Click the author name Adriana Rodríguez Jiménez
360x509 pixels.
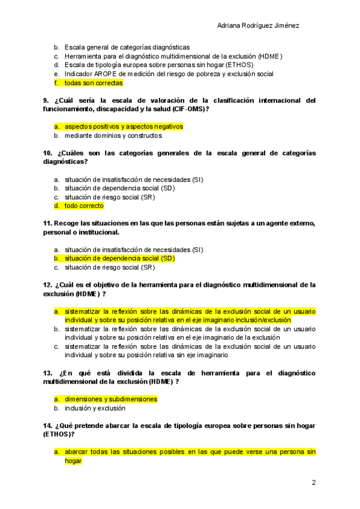coord(257,26)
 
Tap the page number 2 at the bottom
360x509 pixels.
coord(313,483)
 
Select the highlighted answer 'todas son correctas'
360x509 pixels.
coord(94,83)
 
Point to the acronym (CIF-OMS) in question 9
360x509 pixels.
coord(183,109)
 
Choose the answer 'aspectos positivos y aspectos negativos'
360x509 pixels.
coord(124,127)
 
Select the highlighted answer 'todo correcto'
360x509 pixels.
coord(84,206)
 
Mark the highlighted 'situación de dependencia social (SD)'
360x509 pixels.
coord(119,258)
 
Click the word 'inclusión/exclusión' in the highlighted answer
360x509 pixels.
coord(263,320)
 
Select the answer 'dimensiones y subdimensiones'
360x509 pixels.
coord(111,399)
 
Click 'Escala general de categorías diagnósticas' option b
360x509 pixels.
coord(127,47)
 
